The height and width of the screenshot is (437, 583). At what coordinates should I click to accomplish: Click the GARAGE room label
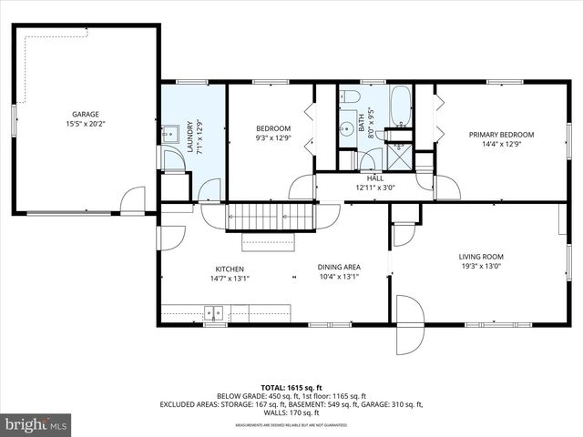click(86, 115)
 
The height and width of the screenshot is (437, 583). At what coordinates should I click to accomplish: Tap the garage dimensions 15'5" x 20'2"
click(86, 125)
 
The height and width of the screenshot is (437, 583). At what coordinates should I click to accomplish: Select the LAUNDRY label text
click(189, 137)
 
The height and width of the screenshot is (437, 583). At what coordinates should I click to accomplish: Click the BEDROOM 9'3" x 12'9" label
click(272, 128)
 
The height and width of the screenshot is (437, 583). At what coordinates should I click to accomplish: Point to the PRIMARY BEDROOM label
click(501, 135)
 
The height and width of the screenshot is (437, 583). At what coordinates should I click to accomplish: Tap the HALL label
click(375, 178)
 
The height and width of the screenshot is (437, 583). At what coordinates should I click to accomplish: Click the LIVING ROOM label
click(481, 257)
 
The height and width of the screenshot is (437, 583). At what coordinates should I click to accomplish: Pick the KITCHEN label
click(229, 269)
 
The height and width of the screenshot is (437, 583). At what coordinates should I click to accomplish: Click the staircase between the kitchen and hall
click(270, 218)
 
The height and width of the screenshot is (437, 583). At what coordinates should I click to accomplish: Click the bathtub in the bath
click(401, 107)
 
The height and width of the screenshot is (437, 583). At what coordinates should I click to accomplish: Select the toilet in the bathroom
click(353, 97)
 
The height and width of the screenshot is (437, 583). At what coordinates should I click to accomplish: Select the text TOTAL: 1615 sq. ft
click(291, 387)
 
